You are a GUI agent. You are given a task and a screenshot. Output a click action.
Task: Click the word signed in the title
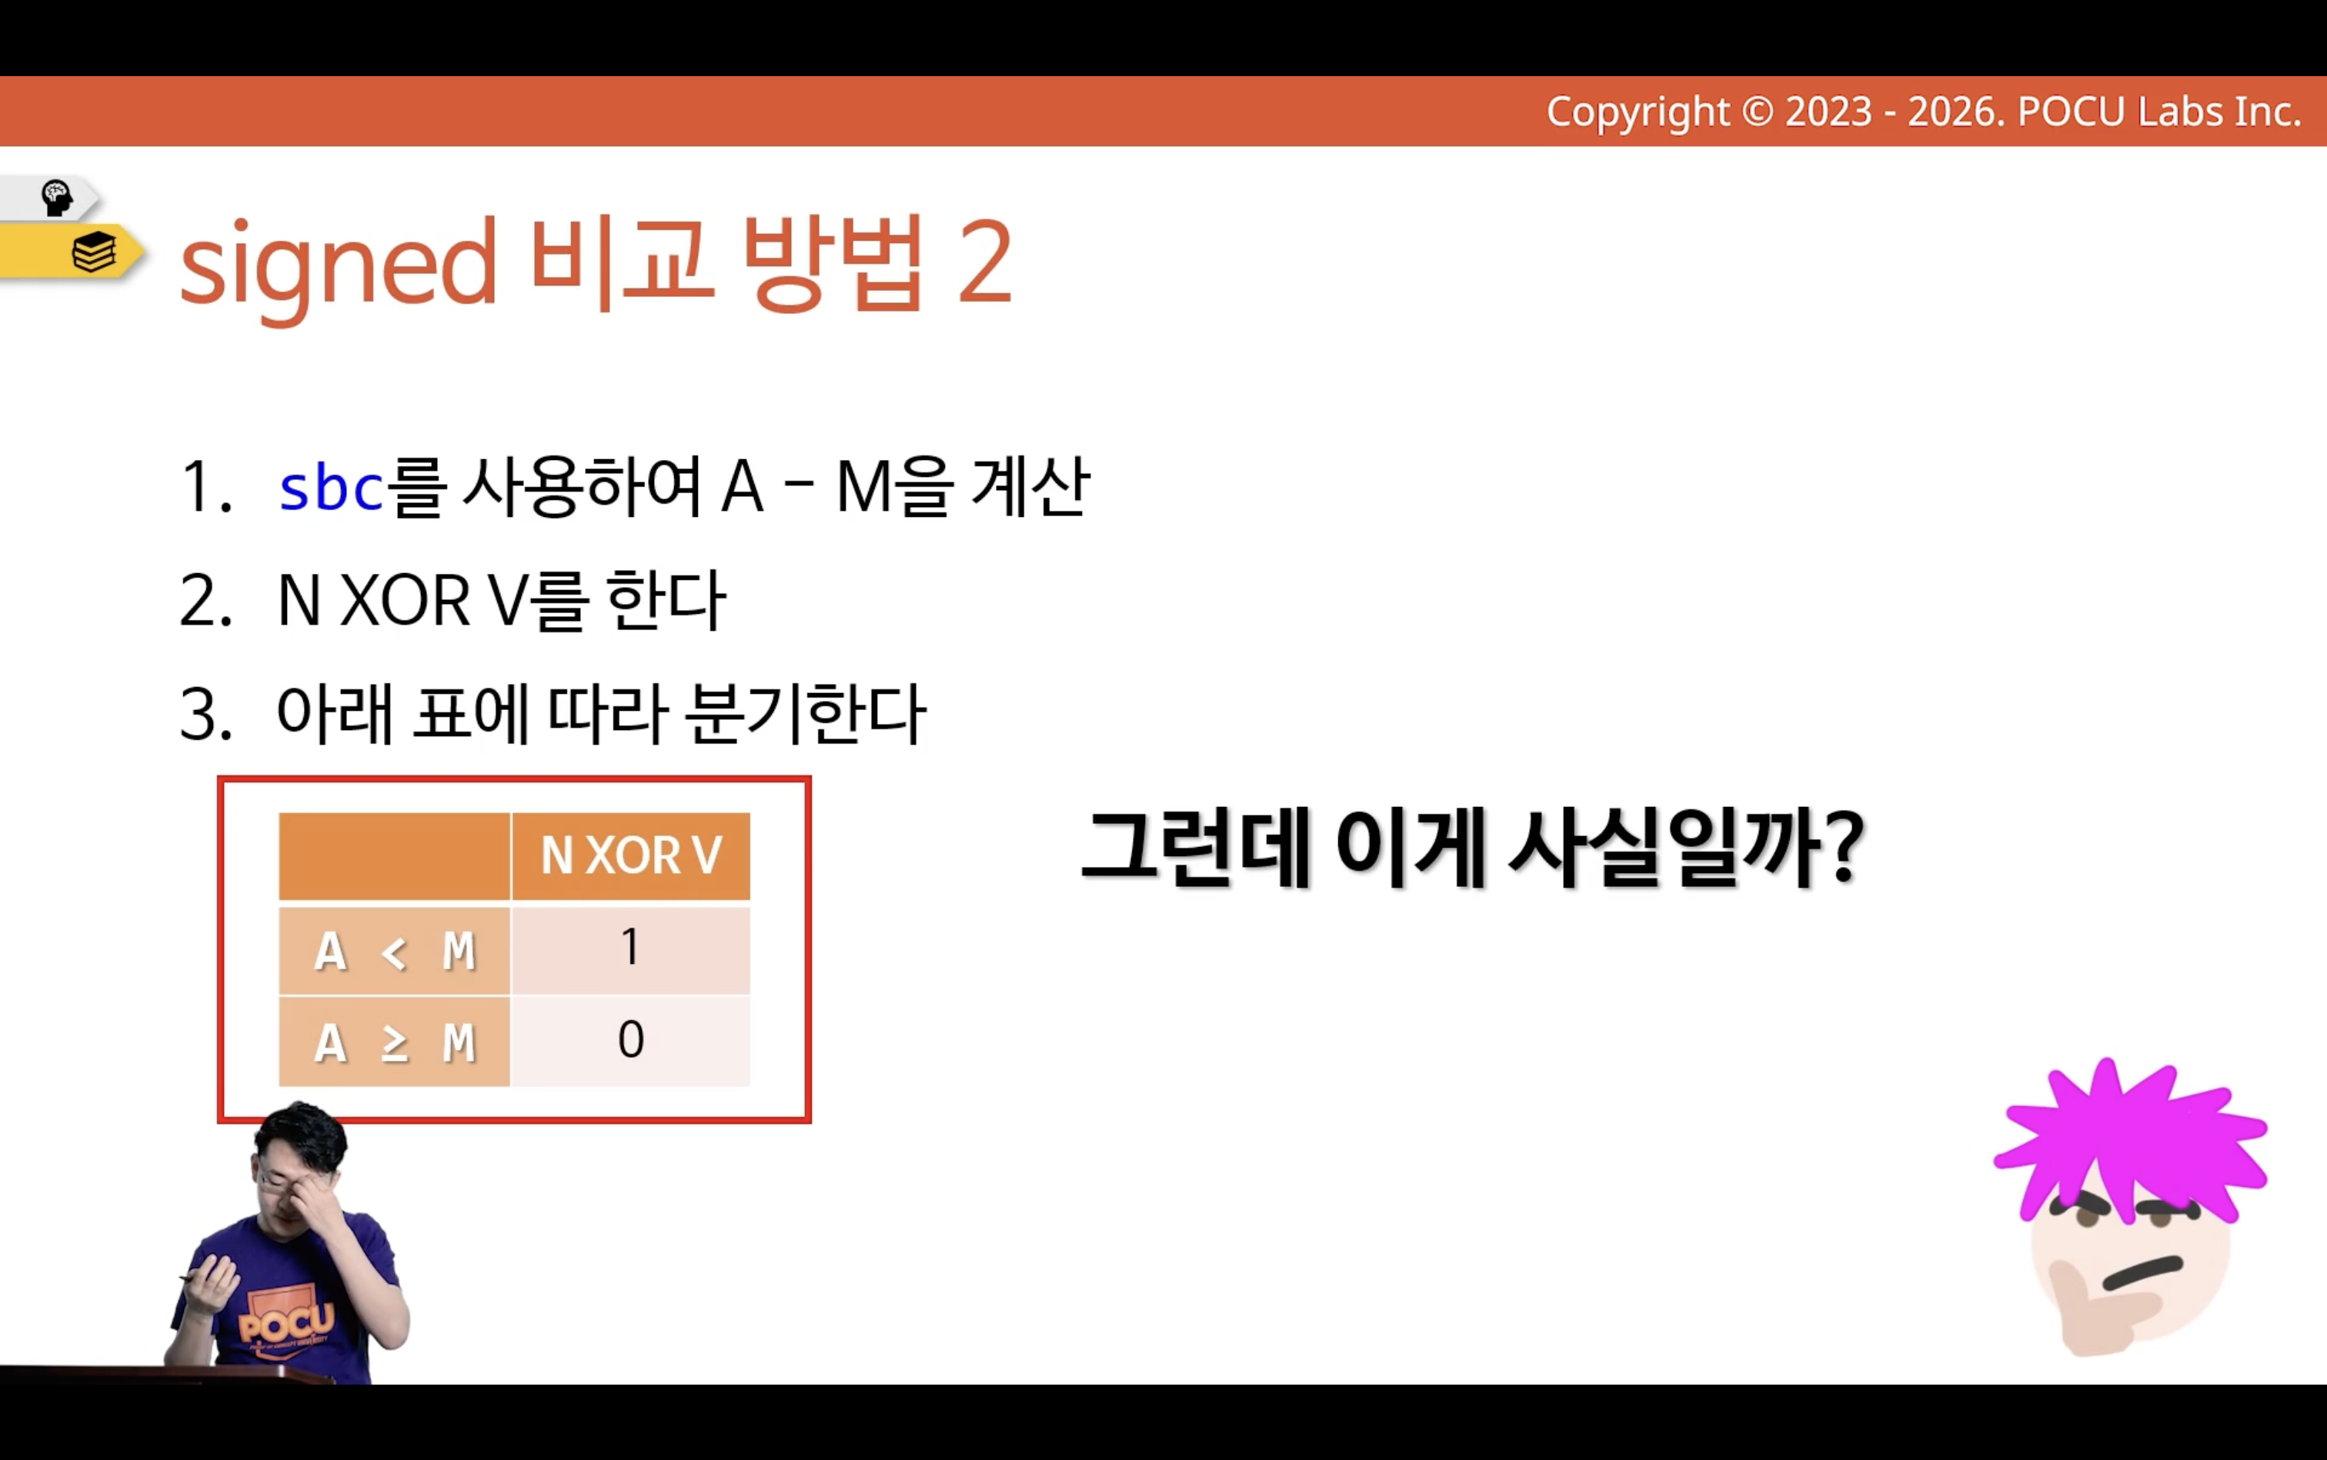[338, 265]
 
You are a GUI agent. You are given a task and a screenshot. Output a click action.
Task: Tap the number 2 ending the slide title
[985, 262]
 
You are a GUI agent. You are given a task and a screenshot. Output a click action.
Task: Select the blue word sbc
[332, 487]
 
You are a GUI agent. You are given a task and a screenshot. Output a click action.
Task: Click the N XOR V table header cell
[631, 855]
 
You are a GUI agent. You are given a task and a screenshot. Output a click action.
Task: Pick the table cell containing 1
[631, 948]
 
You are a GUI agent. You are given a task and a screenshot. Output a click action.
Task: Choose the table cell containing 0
[631, 1041]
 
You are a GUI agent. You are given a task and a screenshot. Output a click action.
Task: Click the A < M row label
[394, 950]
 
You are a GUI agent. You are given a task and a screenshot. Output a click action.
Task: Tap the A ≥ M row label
[394, 1042]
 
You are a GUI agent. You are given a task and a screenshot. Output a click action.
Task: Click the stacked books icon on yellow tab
[94, 252]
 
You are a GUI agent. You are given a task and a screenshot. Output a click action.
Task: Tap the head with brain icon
[56, 198]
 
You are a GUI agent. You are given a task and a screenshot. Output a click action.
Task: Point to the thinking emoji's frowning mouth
[2143, 1272]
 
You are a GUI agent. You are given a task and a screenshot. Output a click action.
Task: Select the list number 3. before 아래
[205, 715]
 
